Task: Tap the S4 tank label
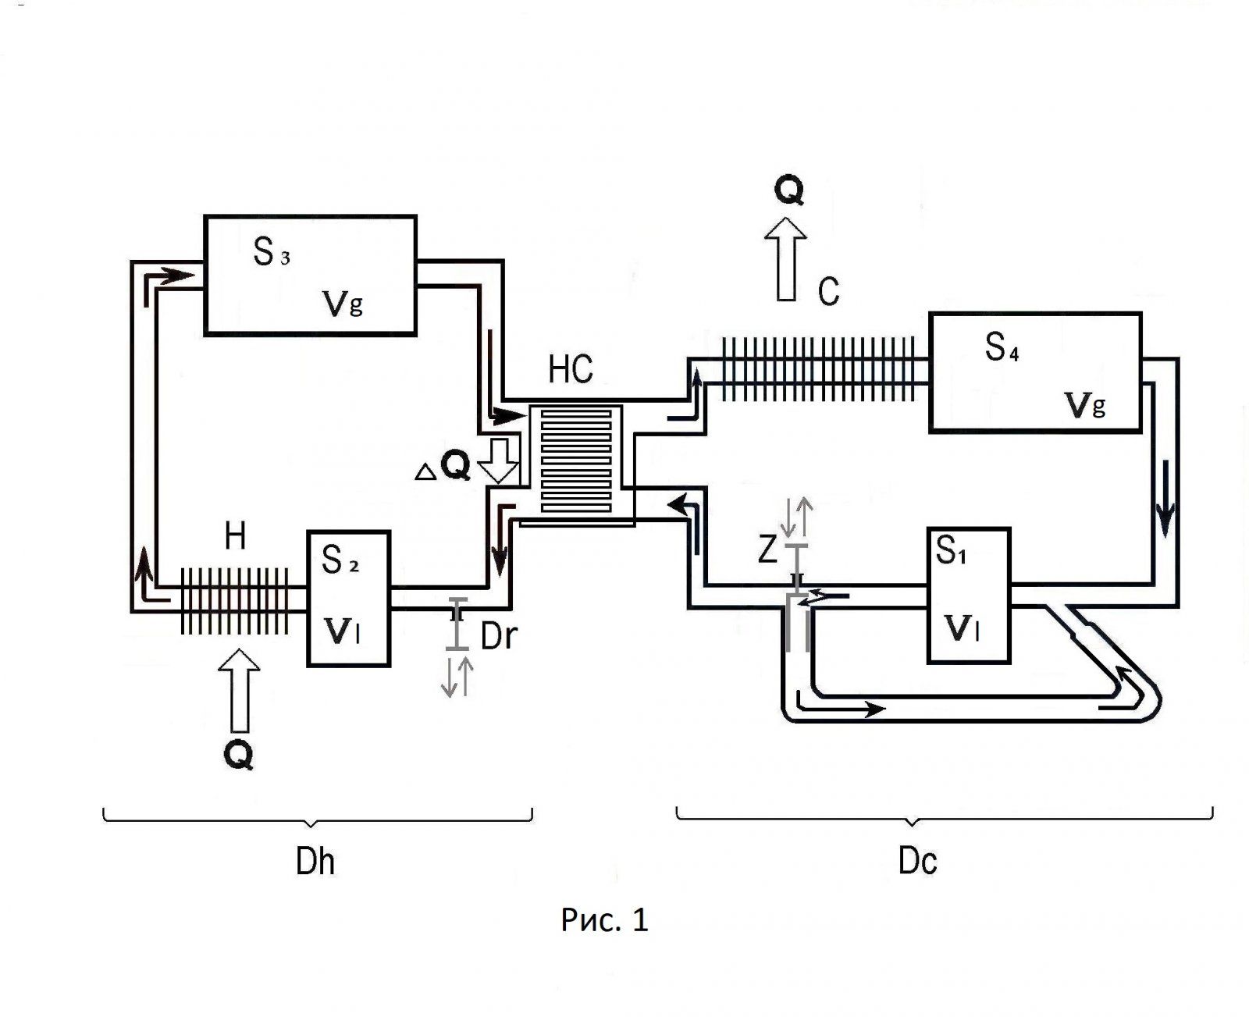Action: (x=1002, y=347)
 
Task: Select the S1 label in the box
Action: (x=952, y=552)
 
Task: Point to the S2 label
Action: (x=340, y=560)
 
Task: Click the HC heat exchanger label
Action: (x=571, y=369)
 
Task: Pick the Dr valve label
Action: (x=499, y=637)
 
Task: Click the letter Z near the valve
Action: (x=768, y=550)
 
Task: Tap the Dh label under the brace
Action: (x=315, y=862)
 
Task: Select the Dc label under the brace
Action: (x=917, y=862)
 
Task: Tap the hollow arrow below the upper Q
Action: (x=786, y=258)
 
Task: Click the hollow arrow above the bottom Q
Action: (x=239, y=690)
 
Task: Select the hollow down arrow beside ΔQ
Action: (x=498, y=461)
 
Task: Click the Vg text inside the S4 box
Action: (x=1085, y=404)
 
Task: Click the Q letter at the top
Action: (x=789, y=190)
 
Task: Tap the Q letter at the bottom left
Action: (x=238, y=755)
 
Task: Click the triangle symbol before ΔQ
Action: (x=425, y=471)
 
